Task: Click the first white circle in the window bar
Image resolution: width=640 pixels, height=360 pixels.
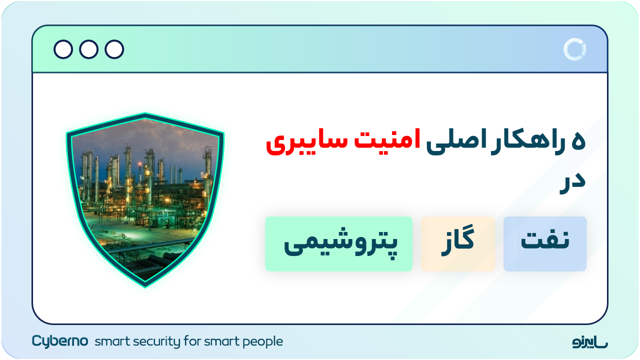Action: [63, 49]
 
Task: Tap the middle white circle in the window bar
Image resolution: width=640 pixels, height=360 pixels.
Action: [89, 49]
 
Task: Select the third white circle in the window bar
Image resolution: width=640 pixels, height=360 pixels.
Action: [114, 49]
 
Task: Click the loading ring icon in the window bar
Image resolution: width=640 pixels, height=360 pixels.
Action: [574, 49]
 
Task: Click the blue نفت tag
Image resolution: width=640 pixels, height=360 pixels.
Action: [545, 244]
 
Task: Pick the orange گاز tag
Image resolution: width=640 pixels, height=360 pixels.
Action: [458, 244]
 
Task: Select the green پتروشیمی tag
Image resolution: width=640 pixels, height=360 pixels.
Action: [339, 244]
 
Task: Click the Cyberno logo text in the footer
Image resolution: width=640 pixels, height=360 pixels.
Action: [60, 341]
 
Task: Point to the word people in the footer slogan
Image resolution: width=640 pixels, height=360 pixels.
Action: [262, 342]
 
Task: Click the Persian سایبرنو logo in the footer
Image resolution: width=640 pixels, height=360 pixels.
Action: [590, 342]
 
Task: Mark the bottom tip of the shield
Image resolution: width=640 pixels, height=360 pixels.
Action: [145, 286]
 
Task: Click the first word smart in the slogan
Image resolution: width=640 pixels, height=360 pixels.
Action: [109, 342]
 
